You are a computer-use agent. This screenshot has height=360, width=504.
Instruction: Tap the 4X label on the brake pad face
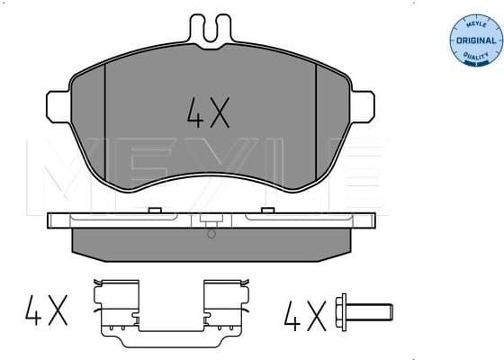point(209,112)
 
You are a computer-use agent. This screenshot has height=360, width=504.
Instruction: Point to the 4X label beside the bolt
point(304,315)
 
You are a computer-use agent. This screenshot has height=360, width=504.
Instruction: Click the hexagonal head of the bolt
point(341,313)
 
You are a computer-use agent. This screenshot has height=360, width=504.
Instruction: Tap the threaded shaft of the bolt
point(371,313)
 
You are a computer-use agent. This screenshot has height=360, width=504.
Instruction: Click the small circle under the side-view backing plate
point(211,234)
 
